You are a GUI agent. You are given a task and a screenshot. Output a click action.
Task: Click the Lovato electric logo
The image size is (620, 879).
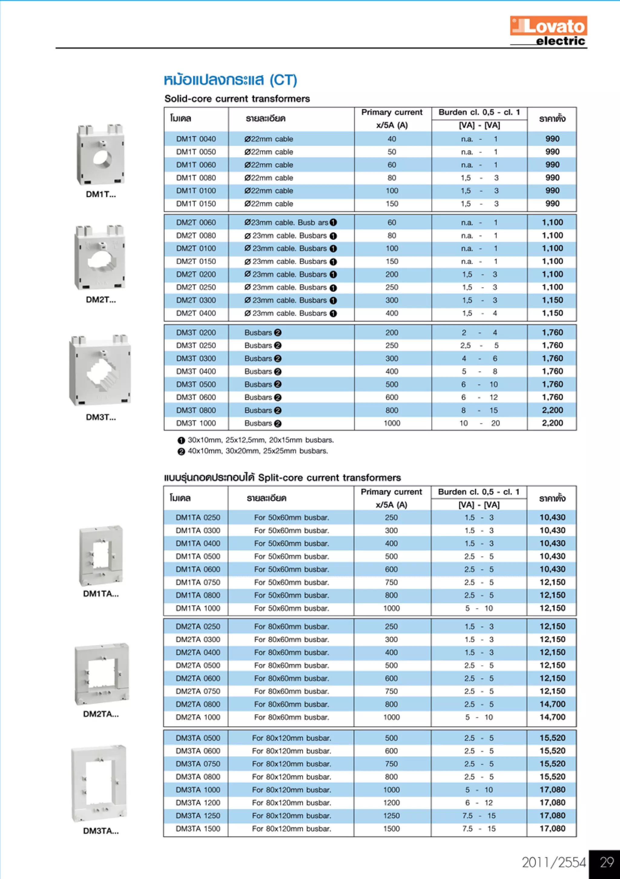click(549, 31)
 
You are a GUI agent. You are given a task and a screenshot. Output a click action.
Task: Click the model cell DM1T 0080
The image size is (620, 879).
click(196, 177)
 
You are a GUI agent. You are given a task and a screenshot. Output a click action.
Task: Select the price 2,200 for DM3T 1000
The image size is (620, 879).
click(552, 423)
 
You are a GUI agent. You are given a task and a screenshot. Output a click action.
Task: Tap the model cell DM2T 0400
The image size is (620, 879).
click(196, 313)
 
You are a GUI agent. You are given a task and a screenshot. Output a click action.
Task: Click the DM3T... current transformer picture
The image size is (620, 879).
click(100, 370)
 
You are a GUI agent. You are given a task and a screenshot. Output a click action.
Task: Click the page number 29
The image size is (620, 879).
click(606, 862)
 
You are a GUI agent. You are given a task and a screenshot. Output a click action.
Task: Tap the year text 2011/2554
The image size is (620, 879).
click(553, 862)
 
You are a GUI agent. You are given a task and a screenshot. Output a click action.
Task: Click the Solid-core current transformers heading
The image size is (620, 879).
click(237, 99)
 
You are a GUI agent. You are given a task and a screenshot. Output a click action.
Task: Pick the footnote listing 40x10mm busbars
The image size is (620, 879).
click(253, 451)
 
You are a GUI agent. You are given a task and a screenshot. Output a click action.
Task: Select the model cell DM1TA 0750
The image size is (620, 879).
click(198, 582)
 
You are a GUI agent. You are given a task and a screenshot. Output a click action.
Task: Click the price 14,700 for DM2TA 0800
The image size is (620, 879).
click(552, 704)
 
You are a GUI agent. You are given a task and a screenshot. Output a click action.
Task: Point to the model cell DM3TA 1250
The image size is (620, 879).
click(198, 816)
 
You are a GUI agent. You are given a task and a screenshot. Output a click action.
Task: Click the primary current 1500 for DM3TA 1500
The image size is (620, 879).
click(391, 829)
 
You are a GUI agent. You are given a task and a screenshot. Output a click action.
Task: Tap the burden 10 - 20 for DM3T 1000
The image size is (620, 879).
click(479, 423)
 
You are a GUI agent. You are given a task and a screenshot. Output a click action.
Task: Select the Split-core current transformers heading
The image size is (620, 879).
click(282, 478)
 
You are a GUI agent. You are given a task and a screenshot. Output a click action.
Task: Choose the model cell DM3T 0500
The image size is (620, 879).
click(196, 384)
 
